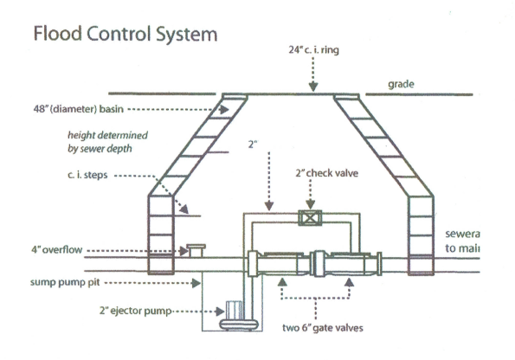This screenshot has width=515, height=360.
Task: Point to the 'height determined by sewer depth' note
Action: [108, 143]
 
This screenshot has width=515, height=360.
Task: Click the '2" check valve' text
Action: [326, 172]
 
